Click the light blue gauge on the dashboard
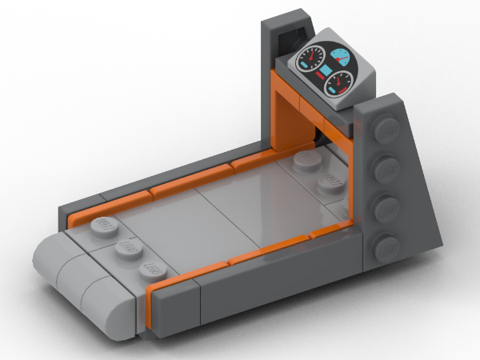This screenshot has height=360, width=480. (342, 58)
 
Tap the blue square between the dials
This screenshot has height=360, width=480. (326, 73)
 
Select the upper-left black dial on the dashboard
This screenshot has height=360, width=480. (310, 58)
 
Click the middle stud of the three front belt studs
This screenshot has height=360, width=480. (126, 248)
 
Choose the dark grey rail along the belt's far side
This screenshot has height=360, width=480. (176, 174)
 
